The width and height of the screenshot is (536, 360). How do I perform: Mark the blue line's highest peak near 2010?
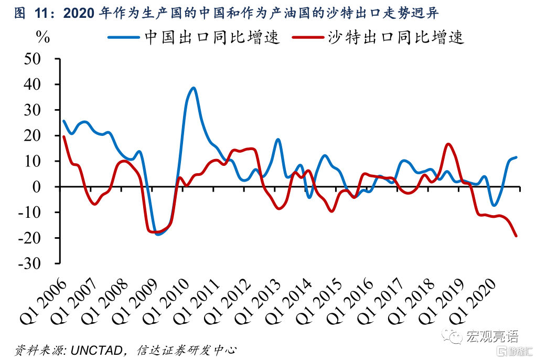(x=194, y=88)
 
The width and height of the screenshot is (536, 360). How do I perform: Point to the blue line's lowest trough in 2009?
(x=158, y=234)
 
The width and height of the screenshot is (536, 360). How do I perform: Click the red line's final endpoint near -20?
(x=516, y=236)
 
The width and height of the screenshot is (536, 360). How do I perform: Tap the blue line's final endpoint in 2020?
(x=516, y=157)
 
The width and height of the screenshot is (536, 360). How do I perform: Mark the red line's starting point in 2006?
(x=63, y=136)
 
